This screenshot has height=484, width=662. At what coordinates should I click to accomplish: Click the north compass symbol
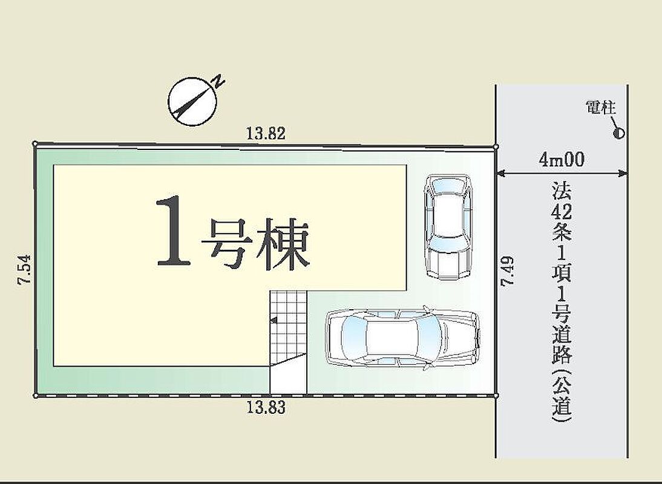tap(192, 101)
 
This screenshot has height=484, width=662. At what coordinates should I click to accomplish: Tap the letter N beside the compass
tap(218, 81)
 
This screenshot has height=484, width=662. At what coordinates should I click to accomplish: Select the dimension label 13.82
tap(266, 134)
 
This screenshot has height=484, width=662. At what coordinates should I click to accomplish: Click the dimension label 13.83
tap(266, 408)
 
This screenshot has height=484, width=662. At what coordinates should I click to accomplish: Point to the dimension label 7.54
tap(24, 270)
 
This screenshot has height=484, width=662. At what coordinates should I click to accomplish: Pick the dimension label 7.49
tap(507, 272)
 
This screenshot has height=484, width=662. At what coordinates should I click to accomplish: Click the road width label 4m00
tap(562, 160)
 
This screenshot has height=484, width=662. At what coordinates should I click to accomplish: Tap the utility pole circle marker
tap(618, 134)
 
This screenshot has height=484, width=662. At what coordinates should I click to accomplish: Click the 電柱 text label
tap(601, 108)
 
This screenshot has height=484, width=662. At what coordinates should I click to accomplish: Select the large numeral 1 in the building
tap(173, 232)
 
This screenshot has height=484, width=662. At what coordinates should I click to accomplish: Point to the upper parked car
tap(448, 226)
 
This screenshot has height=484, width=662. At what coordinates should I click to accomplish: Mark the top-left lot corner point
tap(35, 144)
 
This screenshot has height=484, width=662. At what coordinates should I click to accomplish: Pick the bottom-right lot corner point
tap(496, 396)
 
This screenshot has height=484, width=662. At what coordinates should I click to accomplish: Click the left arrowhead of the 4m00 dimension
tap(500, 172)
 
